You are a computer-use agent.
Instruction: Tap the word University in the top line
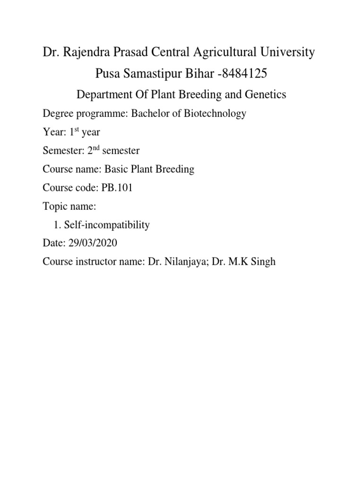coord(284,52)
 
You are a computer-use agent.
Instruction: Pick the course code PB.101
coord(117,188)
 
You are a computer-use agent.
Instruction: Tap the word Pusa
coord(108,74)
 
